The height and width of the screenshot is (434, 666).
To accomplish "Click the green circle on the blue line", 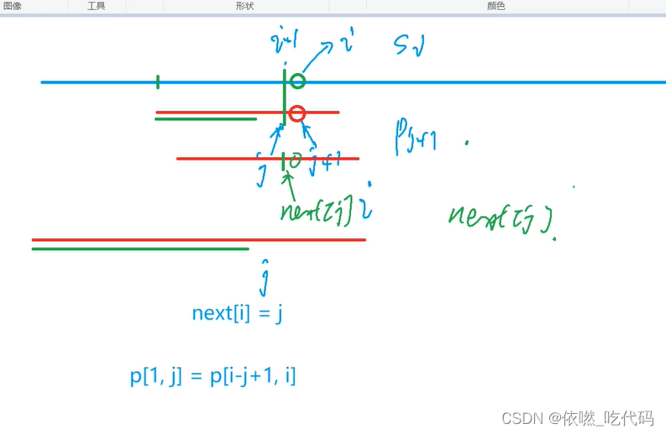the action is (x=297, y=81).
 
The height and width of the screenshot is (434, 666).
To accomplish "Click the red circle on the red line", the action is (x=296, y=113).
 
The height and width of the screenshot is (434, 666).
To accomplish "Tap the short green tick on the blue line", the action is (x=158, y=81).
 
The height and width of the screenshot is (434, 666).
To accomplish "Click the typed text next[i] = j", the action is (x=239, y=313).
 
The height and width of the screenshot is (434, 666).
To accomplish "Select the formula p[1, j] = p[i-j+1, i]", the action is (x=213, y=376).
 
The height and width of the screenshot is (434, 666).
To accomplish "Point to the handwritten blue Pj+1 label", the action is (x=415, y=136).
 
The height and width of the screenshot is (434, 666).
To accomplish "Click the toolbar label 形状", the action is (x=245, y=6).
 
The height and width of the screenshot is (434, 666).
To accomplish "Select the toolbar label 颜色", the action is (x=496, y=6).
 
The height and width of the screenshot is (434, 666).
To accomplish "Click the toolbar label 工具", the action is (x=97, y=6).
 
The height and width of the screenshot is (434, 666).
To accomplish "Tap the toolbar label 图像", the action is (x=13, y=6).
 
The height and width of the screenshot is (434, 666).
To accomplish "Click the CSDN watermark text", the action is (x=576, y=417).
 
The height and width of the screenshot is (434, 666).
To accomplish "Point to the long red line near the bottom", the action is (x=198, y=240).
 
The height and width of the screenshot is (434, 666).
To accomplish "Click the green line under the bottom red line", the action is (x=140, y=248).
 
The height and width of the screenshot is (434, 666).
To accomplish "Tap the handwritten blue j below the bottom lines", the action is (x=265, y=277).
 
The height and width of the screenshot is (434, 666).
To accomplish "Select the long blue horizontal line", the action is (x=470, y=82).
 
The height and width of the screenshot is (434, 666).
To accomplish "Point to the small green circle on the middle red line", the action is (x=296, y=159).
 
